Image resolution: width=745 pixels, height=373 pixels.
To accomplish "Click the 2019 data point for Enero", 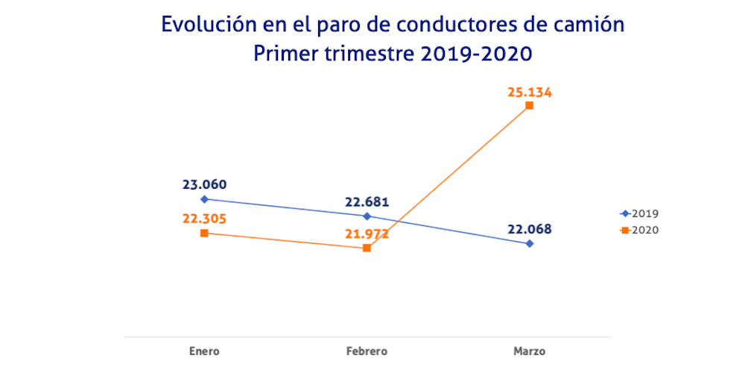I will pyautogui.click(x=204, y=199).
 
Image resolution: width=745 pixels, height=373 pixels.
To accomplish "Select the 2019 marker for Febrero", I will pyautogui.click(x=367, y=216).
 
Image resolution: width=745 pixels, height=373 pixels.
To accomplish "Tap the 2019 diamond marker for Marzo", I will pyautogui.click(x=530, y=243).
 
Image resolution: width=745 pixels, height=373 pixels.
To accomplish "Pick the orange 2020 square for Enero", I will pyautogui.click(x=204, y=233).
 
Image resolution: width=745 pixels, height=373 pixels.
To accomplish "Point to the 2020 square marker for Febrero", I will pyautogui.click(x=367, y=248).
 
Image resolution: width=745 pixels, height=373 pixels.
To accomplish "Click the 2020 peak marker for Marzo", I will pyautogui.click(x=530, y=105).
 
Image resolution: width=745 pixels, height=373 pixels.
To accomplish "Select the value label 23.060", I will pyautogui.click(x=204, y=185).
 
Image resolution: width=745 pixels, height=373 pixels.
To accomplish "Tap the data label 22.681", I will pyautogui.click(x=367, y=202).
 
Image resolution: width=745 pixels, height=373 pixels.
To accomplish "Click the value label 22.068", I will pyautogui.click(x=530, y=229).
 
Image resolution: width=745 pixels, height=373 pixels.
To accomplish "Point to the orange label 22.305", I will pyautogui.click(x=204, y=219).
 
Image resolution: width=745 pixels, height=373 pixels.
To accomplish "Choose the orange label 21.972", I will pyautogui.click(x=367, y=234).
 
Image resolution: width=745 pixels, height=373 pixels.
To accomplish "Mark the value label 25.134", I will pyautogui.click(x=530, y=92).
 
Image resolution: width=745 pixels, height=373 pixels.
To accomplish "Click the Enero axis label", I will pyautogui.click(x=204, y=350).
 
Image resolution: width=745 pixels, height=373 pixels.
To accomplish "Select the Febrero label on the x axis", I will pyautogui.click(x=367, y=350).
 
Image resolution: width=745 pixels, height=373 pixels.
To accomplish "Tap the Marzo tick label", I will pyautogui.click(x=530, y=350).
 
